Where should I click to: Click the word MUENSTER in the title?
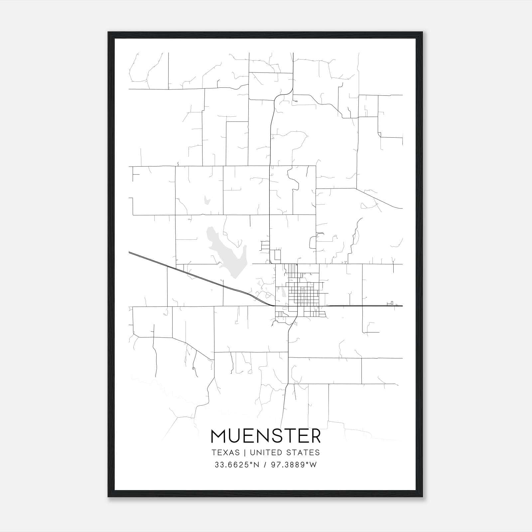(266, 436)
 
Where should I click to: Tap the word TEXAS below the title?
(225, 453)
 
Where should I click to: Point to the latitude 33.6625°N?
(236, 465)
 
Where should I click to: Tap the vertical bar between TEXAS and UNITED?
(245, 453)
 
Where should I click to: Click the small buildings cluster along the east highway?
(391, 303)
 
